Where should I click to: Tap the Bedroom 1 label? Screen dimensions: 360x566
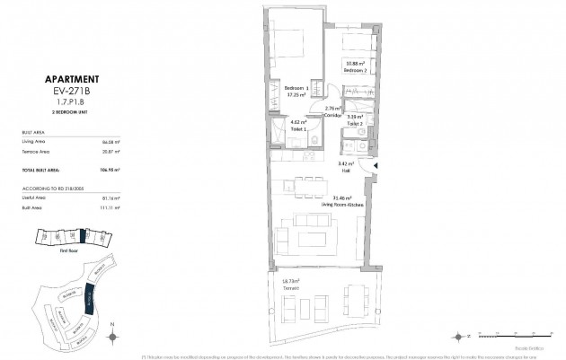tap(296, 88)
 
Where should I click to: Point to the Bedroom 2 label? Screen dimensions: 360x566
tap(358, 68)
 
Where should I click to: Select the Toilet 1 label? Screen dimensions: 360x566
tap(298, 129)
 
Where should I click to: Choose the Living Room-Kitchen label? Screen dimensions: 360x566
tap(341, 204)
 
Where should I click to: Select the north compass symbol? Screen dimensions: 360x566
tap(111, 336)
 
